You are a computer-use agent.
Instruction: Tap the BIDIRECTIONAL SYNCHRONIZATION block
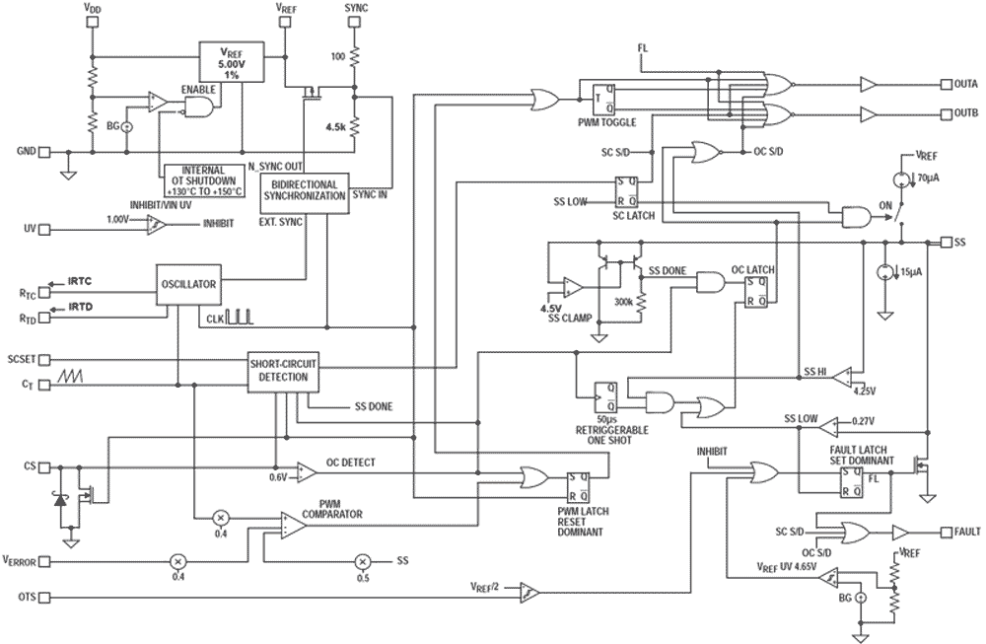pos(304,190)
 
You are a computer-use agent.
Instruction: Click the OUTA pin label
pos(964,84)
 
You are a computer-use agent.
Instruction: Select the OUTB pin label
pos(964,113)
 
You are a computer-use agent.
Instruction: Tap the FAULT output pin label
pos(967,532)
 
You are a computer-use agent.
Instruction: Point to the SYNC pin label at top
pos(357,8)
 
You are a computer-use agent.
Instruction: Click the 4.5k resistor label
pos(336,126)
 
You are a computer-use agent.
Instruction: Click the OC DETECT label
pos(350,463)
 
